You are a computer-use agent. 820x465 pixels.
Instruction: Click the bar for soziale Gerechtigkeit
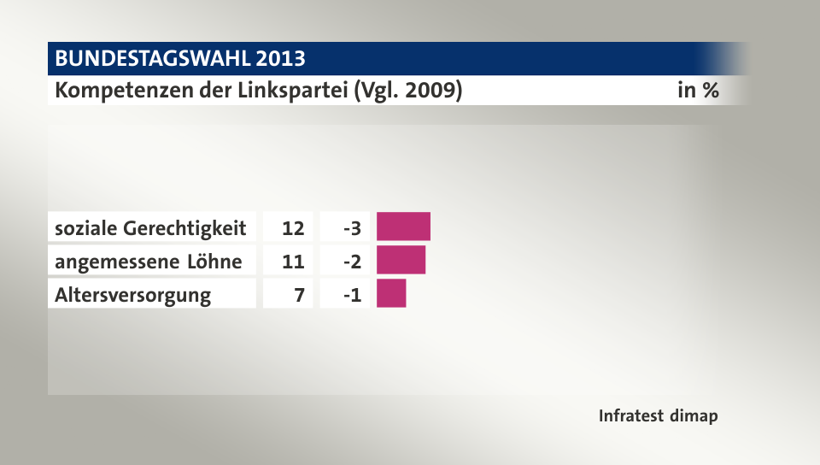click(x=403, y=227)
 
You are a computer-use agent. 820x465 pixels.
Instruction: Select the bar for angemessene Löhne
click(x=401, y=260)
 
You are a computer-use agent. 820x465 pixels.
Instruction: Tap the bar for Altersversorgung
click(x=391, y=293)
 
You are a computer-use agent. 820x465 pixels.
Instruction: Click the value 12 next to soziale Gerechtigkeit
click(x=293, y=228)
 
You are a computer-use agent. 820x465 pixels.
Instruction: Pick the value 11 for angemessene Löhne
click(x=293, y=261)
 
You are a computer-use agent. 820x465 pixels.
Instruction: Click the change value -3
click(x=351, y=228)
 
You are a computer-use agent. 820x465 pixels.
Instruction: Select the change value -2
click(x=351, y=261)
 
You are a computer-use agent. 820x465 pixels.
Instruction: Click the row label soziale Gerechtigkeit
click(x=150, y=228)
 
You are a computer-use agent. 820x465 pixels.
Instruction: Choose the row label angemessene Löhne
click(x=148, y=261)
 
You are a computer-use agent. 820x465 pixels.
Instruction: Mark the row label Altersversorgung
click(x=132, y=296)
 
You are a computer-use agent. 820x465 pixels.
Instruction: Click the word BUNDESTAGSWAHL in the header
click(x=152, y=59)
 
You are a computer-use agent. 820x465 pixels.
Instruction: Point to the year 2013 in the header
click(x=280, y=59)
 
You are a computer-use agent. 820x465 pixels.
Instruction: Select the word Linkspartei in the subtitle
click(x=294, y=90)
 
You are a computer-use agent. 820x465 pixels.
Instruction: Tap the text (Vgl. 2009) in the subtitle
click(x=407, y=90)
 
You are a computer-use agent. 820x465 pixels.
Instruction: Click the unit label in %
click(x=697, y=90)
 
